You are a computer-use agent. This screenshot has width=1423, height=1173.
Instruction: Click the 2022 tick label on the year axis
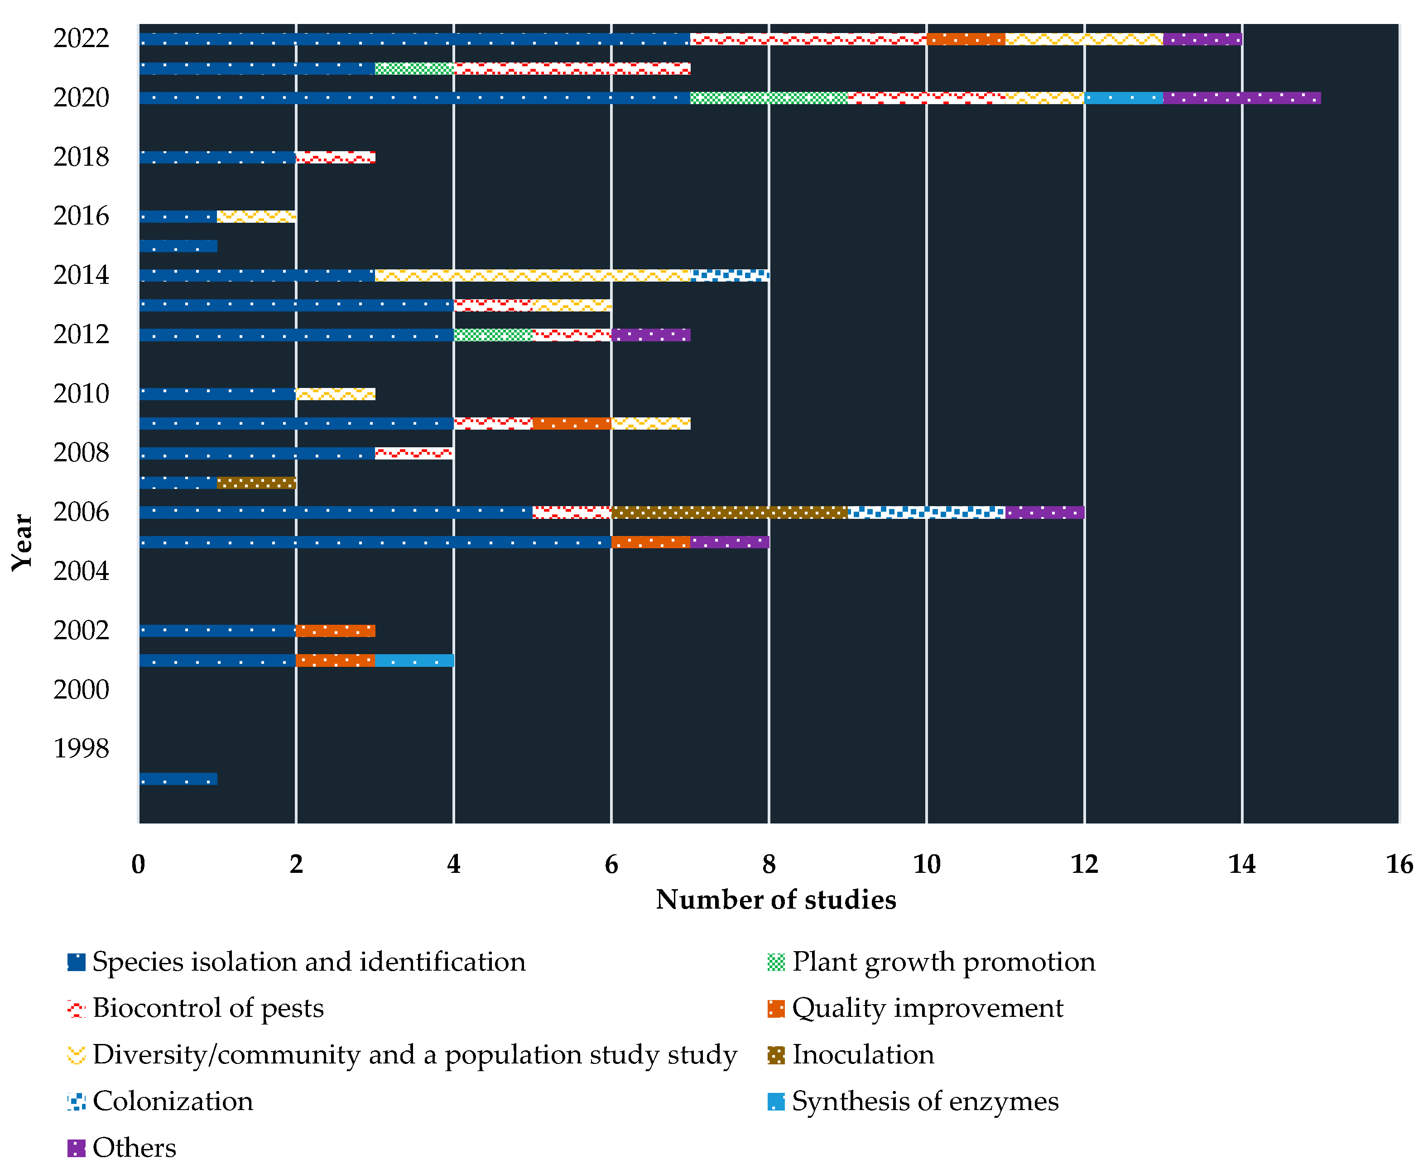point(81,38)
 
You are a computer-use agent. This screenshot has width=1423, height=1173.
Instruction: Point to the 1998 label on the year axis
point(81,749)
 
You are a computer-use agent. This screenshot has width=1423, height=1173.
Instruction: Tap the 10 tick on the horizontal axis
point(926,864)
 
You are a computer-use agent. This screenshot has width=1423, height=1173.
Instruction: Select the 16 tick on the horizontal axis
point(1399,864)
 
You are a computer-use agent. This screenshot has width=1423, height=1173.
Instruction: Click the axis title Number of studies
point(775,900)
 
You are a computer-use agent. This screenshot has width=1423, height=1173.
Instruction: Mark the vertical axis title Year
point(22,542)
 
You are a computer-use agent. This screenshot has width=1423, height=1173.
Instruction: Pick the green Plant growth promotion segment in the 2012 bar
point(493,335)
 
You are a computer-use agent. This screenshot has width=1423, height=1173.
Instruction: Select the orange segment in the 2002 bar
point(335,631)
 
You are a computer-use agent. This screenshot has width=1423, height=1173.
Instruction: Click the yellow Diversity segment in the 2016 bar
point(256,216)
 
